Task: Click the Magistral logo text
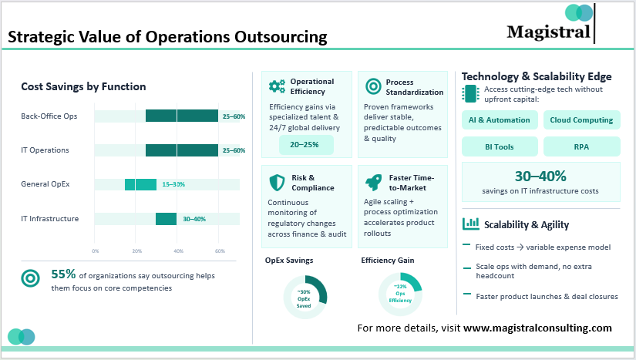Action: pyautogui.click(x=548, y=32)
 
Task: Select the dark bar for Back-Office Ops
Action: pyautogui.click(x=181, y=116)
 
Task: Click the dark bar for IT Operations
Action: pyautogui.click(x=181, y=150)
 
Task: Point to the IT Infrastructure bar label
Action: pyautogui.click(x=49, y=219)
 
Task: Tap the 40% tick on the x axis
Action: pyautogui.click(x=178, y=251)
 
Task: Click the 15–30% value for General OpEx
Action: pyautogui.click(x=172, y=184)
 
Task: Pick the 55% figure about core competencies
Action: pyautogui.click(x=62, y=274)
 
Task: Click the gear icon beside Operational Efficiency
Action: pyautogui.click(x=277, y=86)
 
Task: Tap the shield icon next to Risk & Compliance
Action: pyautogui.click(x=277, y=183)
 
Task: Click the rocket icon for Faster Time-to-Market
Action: pyautogui.click(x=372, y=183)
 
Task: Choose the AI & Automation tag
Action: pyautogui.click(x=500, y=120)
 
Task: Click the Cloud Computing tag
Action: pyautogui.click(x=582, y=120)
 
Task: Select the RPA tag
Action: pyautogui.click(x=582, y=146)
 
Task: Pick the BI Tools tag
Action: pyautogui.click(x=500, y=146)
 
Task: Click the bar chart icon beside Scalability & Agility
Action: pyautogui.click(x=470, y=224)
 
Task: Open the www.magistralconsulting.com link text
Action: pyautogui.click(x=537, y=328)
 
